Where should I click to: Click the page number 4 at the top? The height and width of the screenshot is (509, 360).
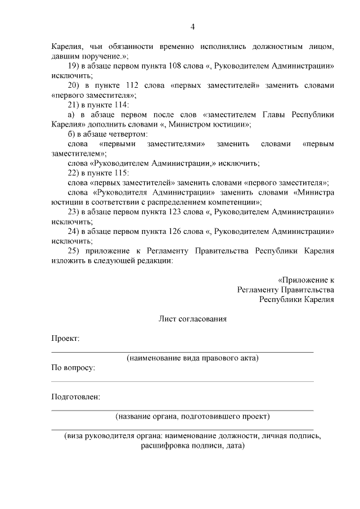[192, 27]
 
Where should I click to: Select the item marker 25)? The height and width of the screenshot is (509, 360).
[74, 251]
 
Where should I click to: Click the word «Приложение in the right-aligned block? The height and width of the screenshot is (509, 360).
[303, 280]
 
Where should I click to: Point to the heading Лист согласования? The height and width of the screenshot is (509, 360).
[192, 318]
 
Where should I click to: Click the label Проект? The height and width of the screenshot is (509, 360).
[65, 338]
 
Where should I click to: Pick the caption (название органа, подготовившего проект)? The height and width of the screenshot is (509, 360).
[192, 417]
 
